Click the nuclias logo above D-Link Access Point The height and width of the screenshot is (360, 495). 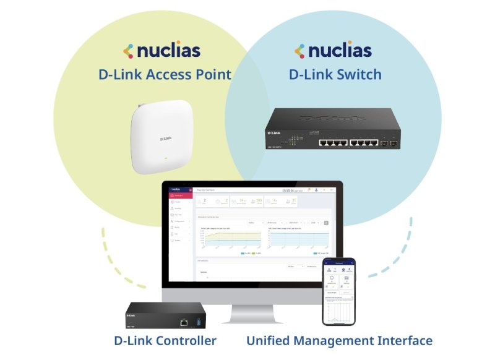point(161,51)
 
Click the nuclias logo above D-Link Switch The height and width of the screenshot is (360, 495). point(333,51)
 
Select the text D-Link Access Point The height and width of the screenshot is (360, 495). point(165,75)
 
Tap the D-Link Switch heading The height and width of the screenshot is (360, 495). point(335,75)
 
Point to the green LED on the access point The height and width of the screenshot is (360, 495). point(165,158)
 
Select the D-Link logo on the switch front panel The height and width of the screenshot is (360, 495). point(275,132)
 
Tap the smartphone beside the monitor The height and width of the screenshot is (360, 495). point(338,291)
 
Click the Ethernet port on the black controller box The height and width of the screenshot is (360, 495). point(184,322)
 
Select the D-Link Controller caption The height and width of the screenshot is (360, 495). point(165,341)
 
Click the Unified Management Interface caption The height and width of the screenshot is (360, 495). point(339,341)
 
